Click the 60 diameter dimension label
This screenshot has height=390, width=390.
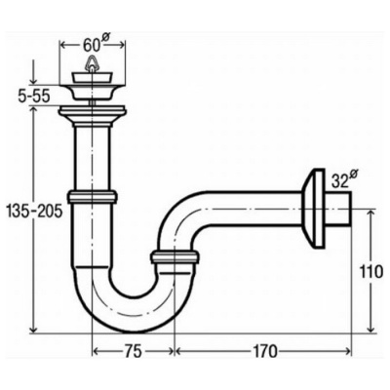(94, 45)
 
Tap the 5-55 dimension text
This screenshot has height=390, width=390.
(33, 97)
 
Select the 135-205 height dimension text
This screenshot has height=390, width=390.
(34, 213)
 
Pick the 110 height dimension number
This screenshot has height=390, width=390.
(371, 272)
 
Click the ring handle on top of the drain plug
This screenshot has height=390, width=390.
(93, 63)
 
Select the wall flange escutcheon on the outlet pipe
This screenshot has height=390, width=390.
(313, 209)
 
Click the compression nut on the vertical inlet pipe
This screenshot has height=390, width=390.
(93, 197)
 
